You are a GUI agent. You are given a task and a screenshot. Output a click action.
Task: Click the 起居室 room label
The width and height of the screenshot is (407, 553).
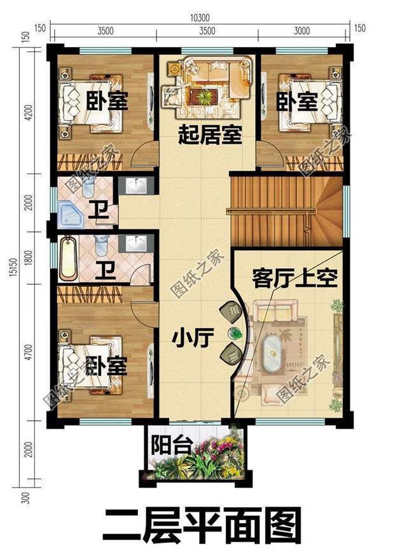point(210,135)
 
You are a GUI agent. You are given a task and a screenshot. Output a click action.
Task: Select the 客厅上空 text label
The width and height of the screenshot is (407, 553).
point(294,278)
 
